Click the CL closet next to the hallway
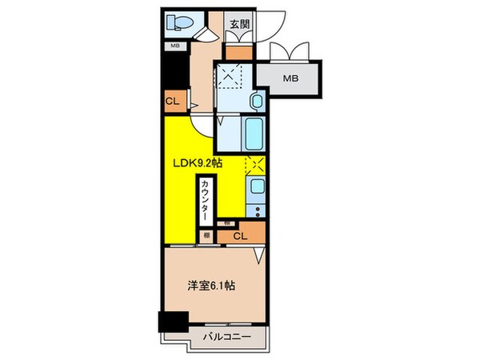tap(171, 102)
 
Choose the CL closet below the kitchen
tap(241, 236)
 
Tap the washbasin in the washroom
tap(256, 102)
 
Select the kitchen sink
tap(257, 189)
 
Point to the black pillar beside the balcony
tap(170, 324)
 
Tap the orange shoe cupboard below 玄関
tap(238, 50)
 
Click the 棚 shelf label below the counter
tap(206, 235)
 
